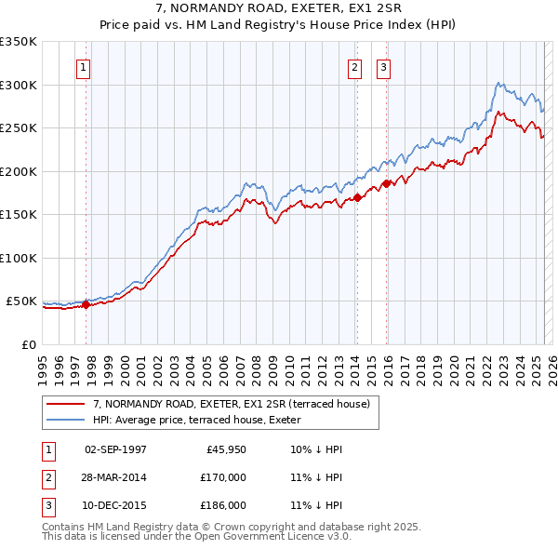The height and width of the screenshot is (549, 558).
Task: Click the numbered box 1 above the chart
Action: pos(84,67)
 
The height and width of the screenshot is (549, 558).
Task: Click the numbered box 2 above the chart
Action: pos(355,67)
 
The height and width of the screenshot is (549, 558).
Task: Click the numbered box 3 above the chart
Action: pos(383,67)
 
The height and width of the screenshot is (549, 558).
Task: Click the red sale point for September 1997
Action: pos(86,304)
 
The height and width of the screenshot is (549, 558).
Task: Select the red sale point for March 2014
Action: pos(356,197)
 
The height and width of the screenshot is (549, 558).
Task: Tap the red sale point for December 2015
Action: pos(386,183)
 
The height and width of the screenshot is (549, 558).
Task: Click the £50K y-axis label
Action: pos(22,301)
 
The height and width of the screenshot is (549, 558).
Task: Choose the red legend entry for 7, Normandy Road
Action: pos(232,404)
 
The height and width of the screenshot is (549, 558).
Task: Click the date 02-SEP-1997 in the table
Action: pos(115,449)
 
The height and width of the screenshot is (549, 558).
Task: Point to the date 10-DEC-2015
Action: pos(115,505)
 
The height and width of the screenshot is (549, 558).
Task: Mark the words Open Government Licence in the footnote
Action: pos(266,537)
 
